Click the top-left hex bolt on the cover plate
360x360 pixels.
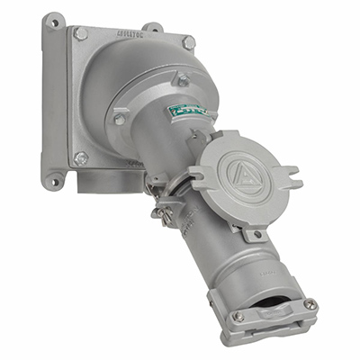[x=82, y=33]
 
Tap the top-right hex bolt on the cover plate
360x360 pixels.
[x=187, y=41]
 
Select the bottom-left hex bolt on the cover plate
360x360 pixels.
[x=81, y=158]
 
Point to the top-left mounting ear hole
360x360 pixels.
[x=56, y=19]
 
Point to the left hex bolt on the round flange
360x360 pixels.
[x=120, y=118]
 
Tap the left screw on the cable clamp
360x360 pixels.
[x=239, y=316]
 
